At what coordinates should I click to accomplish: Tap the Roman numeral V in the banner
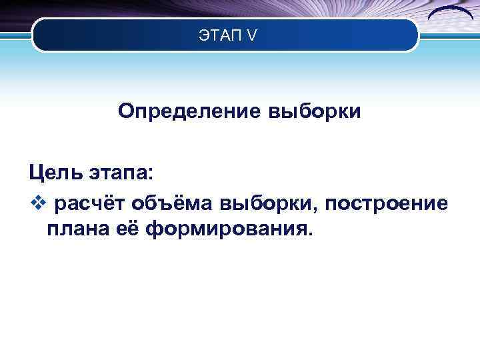pos(250,35)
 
